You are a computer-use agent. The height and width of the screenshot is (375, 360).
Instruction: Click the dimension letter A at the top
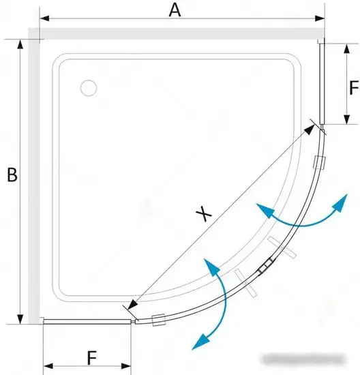(175, 10)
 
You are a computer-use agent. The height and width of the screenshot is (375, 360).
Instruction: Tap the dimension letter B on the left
(12, 175)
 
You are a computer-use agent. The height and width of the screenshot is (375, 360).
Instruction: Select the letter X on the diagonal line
(204, 213)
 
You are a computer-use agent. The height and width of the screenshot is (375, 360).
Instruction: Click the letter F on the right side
(354, 87)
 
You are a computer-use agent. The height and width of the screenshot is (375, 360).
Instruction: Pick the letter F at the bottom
(92, 358)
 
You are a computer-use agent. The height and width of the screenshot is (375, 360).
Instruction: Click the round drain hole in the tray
(89, 88)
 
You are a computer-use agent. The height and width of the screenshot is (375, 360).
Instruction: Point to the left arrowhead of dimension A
(44, 18)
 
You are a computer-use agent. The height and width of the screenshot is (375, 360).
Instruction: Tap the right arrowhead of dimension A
(320, 18)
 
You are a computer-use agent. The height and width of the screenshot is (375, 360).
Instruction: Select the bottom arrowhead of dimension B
(20, 319)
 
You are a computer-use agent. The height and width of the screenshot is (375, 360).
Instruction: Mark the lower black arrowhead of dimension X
(133, 305)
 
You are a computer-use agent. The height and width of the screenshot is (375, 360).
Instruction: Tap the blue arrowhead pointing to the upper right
(342, 202)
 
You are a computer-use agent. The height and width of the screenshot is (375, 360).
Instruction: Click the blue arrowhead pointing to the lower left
(200, 342)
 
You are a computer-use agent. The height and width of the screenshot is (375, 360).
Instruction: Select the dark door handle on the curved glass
(266, 265)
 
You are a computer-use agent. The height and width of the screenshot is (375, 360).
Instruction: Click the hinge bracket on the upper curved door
(320, 162)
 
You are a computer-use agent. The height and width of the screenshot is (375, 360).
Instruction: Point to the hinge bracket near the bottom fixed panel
(159, 320)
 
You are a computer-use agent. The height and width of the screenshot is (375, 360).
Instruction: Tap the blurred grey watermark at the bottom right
(304, 359)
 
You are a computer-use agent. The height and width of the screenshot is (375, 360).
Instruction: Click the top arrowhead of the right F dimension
(346, 48)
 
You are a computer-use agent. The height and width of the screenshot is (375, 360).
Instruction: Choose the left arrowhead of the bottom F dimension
(48, 366)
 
